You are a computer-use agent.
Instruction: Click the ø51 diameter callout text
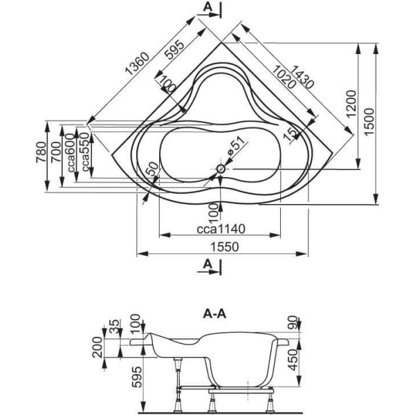234,148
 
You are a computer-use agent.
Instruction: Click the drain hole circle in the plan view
221,168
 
